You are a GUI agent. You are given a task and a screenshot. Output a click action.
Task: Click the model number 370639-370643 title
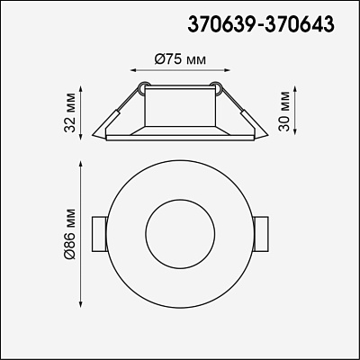[x=261, y=24]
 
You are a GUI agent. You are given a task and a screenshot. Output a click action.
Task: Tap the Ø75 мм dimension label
[x=181, y=59]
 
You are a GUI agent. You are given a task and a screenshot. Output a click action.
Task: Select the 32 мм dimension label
[x=70, y=113]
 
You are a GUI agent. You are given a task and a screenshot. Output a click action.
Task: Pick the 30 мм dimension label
[x=283, y=111]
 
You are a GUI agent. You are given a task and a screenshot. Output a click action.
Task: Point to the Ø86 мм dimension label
[x=70, y=233]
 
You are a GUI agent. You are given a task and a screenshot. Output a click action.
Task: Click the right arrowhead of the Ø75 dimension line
[x=227, y=70]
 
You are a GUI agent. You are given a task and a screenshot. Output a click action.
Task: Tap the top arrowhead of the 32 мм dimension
[x=80, y=89]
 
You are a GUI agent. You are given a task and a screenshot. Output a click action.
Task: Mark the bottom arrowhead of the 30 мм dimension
[x=295, y=130]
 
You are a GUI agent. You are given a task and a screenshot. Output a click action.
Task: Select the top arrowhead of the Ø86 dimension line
[x=80, y=165]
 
